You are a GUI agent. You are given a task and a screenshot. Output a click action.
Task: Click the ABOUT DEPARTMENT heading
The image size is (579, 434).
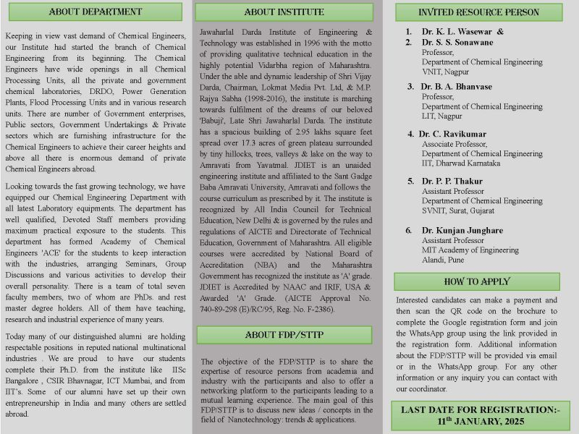[x=95, y=12]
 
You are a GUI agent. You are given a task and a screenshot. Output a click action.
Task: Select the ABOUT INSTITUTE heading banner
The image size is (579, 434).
[x=284, y=12]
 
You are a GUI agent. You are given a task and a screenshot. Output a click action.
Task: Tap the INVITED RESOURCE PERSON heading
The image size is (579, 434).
[x=478, y=12]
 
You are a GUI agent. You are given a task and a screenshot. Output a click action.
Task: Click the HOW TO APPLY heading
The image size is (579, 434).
[x=477, y=281]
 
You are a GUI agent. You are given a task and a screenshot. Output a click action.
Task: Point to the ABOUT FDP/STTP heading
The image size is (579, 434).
[x=284, y=334]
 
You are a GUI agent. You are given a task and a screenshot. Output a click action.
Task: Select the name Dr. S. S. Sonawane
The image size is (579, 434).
[x=459, y=43]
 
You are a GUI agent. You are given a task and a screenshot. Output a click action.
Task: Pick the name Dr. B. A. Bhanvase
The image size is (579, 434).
[x=457, y=87]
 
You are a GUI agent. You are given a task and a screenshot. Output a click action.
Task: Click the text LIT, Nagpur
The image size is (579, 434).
[x=441, y=116]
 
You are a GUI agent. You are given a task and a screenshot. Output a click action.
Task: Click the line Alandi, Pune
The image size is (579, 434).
[x=443, y=259]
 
